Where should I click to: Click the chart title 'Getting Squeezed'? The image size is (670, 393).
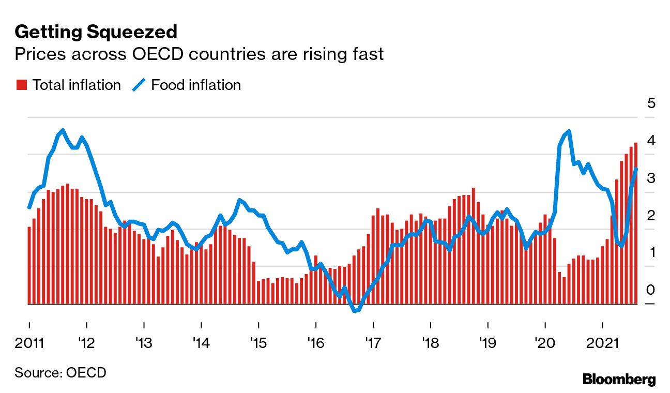coord(96,32)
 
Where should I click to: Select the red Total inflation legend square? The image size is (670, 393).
coord(21,85)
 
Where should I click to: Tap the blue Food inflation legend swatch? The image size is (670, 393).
coord(139,85)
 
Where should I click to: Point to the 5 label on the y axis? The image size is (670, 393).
coord(651,103)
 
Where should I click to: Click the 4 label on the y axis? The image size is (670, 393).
coord(651,140)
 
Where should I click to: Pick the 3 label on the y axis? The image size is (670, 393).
coord(651,178)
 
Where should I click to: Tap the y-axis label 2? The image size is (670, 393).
coord(651,215)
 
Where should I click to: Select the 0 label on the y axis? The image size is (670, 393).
coord(651,290)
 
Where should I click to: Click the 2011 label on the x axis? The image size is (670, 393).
coord(29,343)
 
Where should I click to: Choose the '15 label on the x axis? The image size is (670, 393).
coord(258,343)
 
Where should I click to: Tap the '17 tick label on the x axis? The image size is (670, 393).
coord(373,343)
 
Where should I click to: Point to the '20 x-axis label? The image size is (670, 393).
coord(544,343)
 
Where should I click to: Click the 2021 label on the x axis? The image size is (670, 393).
coord(603,343)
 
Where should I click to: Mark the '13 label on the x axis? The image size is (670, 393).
coord(144,343)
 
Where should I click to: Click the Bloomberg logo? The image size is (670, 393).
coord(619,379)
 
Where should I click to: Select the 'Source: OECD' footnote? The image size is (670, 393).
coord(60,372)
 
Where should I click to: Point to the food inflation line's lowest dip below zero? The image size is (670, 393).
coord(355,311)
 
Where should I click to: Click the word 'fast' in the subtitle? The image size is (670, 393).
coord(367,54)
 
